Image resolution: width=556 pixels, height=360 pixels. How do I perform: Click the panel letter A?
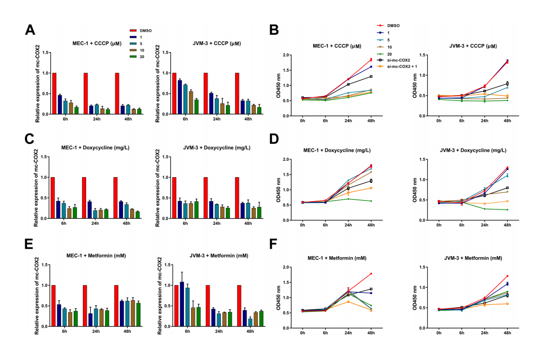pos(30,29)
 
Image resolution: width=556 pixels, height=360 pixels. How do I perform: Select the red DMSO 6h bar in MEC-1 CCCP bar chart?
pos(54,93)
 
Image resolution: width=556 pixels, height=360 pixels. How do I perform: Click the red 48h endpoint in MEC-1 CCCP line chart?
pos(370,60)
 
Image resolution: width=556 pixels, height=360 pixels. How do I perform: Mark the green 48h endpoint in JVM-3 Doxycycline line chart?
pos(507,210)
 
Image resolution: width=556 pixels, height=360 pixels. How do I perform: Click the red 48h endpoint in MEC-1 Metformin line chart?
pos(370,273)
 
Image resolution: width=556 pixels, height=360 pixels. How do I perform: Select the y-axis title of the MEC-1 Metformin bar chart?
pos(37,296)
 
